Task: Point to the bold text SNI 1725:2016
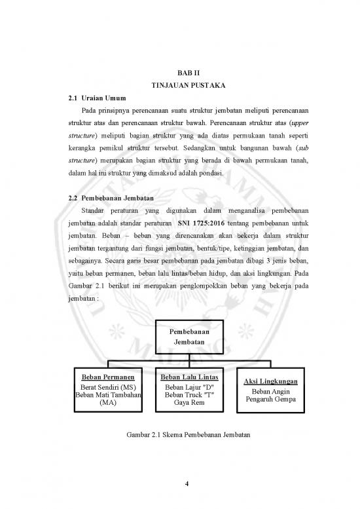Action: coord(193,222)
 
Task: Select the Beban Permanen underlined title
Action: coord(107,377)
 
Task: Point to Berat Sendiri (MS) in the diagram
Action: coord(107,386)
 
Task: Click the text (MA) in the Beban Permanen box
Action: coord(107,404)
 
